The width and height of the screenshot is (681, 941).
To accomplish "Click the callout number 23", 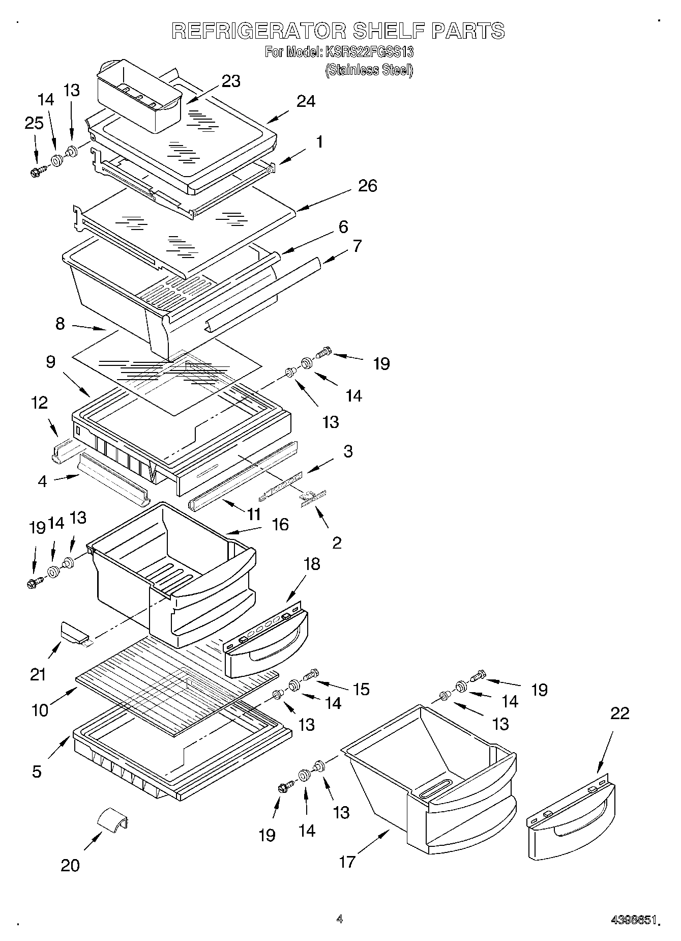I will click(231, 81).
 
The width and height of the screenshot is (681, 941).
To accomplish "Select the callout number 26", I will click(367, 186).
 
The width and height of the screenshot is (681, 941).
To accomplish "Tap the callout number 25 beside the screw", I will click(34, 124).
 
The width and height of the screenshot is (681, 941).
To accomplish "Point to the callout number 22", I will click(619, 714).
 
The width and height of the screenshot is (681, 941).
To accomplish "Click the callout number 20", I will click(70, 865).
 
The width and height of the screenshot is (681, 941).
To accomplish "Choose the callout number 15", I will click(361, 689).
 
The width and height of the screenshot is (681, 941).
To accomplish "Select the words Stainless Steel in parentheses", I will click(369, 70).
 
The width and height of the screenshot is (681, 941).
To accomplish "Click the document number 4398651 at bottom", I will click(635, 920).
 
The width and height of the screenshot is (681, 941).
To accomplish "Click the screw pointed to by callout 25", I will click(37, 172).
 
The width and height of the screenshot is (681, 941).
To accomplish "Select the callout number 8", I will click(61, 323).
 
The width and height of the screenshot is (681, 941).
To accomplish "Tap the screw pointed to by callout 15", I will click(311, 674).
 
